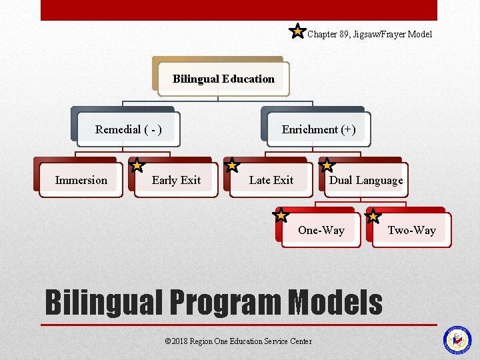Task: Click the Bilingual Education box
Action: pyautogui.click(x=223, y=79)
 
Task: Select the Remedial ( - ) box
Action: pyautogui.click(x=128, y=130)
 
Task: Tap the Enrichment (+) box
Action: pyautogui.click(x=319, y=130)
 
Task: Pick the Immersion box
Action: pyautogui.click(x=81, y=181)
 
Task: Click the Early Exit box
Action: pyautogui.click(x=176, y=181)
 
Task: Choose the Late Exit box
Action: pyautogui.click(x=271, y=181)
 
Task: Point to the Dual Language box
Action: pyautogui.click(x=366, y=181)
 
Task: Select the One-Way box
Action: pyautogui.click(x=321, y=231)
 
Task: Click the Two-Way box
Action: pyautogui.click(x=411, y=231)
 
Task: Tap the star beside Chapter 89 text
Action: pyautogui.click(x=297, y=31)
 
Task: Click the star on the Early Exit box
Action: pyautogui.click(x=136, y=164)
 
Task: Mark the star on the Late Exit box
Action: pyautogui.click(x=231, y=165)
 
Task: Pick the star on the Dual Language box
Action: pyautogui.click(x=327, y=164)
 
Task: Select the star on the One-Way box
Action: pyautogui.click(x=281, y=215)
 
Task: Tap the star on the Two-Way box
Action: pyautogui.click(x=373, y=215)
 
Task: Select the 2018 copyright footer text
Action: pyautogui.click(x=238, y=341)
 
